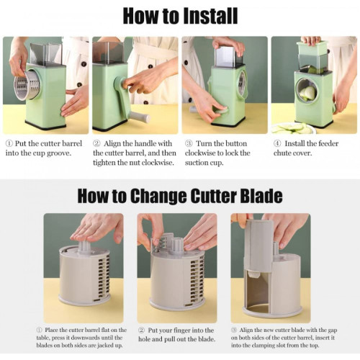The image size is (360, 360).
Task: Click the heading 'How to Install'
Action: pyautogui.click(x=180, y=16)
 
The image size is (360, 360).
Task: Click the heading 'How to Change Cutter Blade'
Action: pyautogui.click(x=180, y=196)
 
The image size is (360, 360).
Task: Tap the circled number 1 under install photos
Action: pyautogui.click(x=9, y=143)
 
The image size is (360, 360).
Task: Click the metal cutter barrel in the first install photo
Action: pyautogui.click(x=27, y=85)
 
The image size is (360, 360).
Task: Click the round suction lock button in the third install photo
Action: pyautogui.click(x=220, y=110)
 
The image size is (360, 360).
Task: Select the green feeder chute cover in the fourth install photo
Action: pyautogui.click(x=312, y=48)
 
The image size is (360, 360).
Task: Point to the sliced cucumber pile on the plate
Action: pyautogui.click(x=292, y=128)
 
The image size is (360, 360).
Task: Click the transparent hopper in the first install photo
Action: pyautogui.click(x=45, y=54)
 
